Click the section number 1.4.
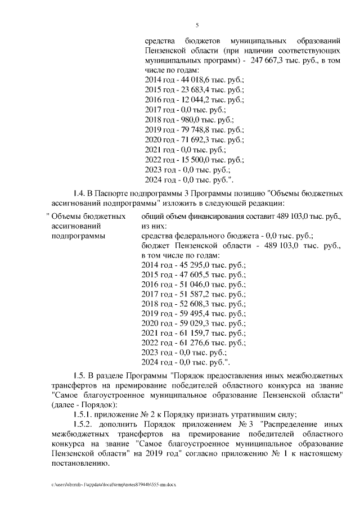click(x=81, y=193)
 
